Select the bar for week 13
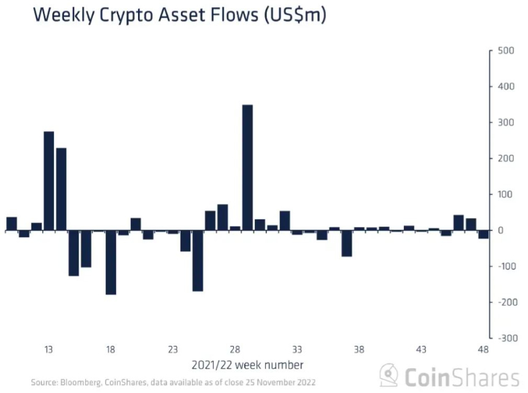[49, 181]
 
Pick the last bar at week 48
[483, 235]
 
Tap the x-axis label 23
[173, 350]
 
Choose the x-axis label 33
[297, 350]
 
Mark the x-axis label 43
[421, 350]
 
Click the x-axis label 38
[359, 350]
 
